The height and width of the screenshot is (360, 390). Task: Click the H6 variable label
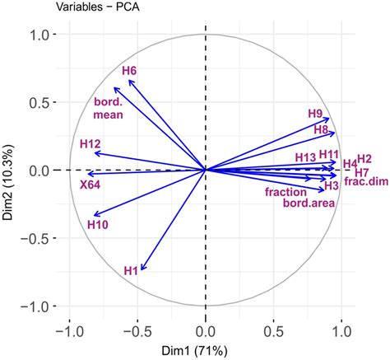point(129,72)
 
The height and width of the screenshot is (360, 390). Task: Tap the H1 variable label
point(131,269)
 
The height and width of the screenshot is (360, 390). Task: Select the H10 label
point(97,224)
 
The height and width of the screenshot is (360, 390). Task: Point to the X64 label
point(90,185)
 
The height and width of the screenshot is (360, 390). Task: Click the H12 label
point(91,144)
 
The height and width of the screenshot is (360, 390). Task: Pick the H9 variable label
point(315,114)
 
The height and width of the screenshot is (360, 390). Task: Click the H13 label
point(305,157)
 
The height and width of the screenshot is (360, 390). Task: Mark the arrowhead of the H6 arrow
point(128,80)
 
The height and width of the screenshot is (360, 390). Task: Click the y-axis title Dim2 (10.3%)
point(9,171)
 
